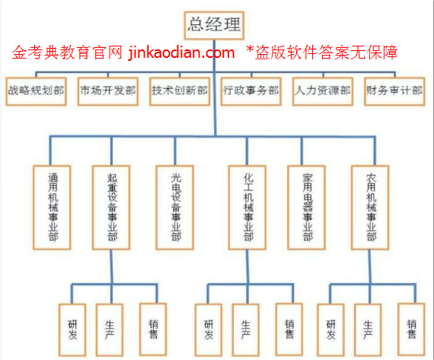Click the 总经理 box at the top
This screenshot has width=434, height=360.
tap(214, 25)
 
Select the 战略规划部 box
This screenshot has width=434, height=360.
tap(36, 91)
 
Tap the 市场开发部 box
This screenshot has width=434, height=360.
tap(108, 91)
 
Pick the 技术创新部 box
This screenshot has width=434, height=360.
tap(180, 91)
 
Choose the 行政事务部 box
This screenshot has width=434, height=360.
tap(251, 91)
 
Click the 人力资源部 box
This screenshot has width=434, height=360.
tap(323, 91)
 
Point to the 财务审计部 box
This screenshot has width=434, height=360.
tap(394, 91)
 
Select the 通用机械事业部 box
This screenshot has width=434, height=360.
tap(52, 208)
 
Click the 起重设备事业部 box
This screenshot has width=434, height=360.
tap(111, 208)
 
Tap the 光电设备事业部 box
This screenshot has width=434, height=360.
tap(174, 208)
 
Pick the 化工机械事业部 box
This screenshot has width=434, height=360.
tap(247, 208)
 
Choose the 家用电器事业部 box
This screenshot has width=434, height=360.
tap(306, 208)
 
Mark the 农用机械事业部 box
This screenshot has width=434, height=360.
tap(370, 208)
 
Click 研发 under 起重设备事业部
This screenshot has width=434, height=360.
tap(72, 330)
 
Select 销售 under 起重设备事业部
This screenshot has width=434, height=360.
tap(153, 329)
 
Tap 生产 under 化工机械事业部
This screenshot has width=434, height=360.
tap(246, 330)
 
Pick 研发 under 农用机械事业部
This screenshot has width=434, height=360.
tap(330, 330)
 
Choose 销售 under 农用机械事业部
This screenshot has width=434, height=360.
tap(411, 329)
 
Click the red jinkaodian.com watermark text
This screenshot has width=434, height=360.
tap(181, 53)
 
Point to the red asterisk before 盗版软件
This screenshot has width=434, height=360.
tap(250, 49)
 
